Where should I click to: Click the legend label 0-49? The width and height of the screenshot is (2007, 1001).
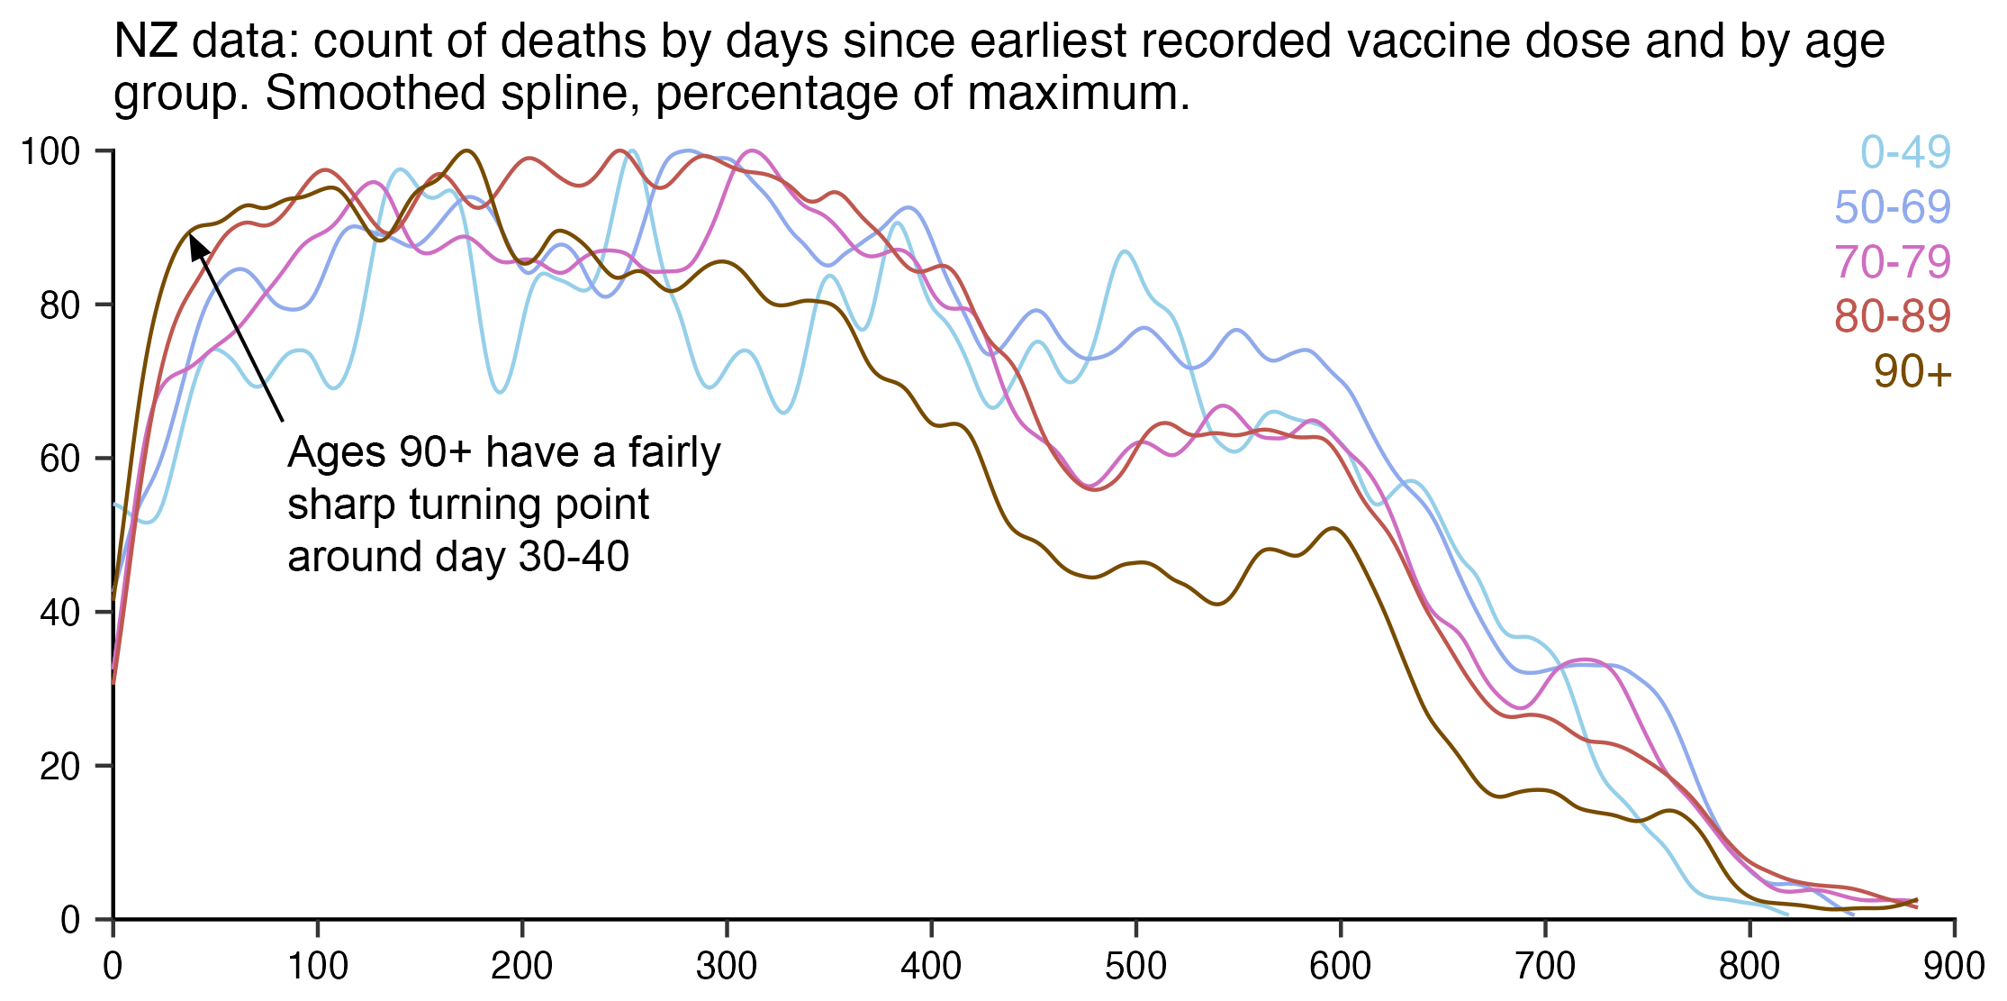[1905, 152]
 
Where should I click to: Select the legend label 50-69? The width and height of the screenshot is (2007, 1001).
[1893, 207]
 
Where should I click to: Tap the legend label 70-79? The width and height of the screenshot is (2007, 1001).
[1893, 262]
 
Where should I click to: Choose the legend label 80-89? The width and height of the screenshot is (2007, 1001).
[1893, 316]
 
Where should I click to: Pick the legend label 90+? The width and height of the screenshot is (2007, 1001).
[1912, 371]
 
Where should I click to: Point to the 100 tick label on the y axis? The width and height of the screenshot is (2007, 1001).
[50, 151]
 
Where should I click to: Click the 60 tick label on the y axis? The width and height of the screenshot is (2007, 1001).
[60, 460]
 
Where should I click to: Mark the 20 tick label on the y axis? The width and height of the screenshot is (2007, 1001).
[60, 767]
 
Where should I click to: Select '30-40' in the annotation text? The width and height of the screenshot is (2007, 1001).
[574, 557]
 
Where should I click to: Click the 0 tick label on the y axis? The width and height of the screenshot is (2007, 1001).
[70, 921]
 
